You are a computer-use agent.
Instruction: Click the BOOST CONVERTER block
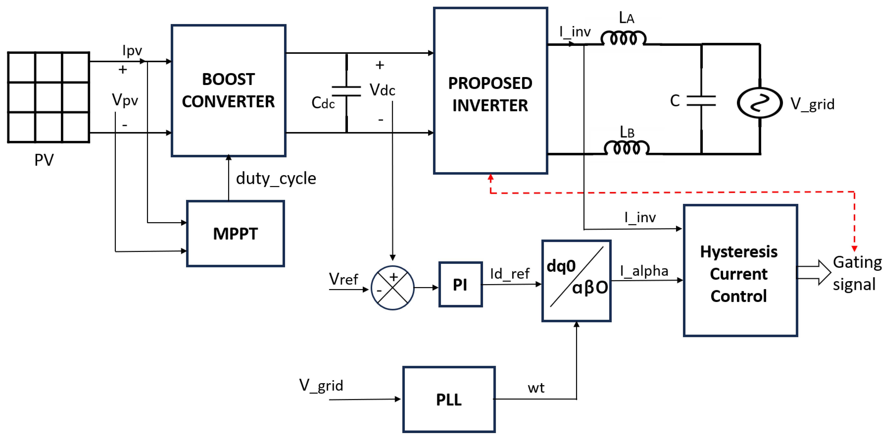[x=228, y=90]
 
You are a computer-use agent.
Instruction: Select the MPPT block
[x=235, y=234]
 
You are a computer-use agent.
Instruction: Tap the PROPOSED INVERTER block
[x=490, y=90]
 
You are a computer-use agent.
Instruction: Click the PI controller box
[x=460, y=284]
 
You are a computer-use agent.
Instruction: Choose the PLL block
[x=449, y=399]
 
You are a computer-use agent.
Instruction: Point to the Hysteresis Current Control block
[x=740, y=271]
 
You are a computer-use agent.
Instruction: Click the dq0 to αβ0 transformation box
[x=576, y=281]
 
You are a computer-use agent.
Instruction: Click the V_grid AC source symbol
[x=759, y=103]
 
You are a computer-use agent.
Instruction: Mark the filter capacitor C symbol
[x=701, y=101]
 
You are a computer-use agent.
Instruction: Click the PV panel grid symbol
[x=49, y=97]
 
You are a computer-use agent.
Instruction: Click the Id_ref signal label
[x=510, y=274]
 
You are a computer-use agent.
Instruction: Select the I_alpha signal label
[x=644, y=271]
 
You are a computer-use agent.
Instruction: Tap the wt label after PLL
[x=536, y=388]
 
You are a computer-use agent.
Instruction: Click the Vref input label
[x=343, y=279]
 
